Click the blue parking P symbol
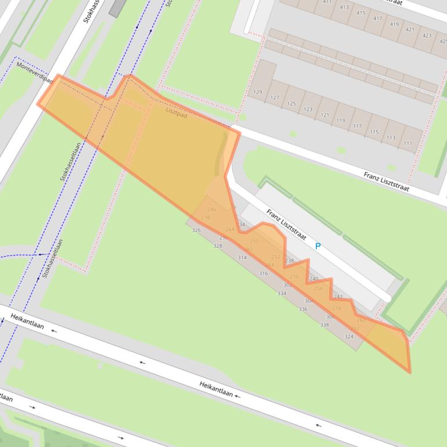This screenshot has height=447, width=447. coord(318,246)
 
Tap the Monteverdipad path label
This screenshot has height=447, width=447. coord(34,73)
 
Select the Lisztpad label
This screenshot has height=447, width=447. coord(176,112)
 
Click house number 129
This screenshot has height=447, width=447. coord(258,92)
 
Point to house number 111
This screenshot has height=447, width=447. coord(408,143)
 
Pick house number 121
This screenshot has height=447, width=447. coord(325,115)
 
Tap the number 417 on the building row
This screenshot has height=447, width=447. coord(378,18)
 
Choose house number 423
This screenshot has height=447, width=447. coord(427,35)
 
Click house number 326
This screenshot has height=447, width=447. coord(196,230)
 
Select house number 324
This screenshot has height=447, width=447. coord(349,337)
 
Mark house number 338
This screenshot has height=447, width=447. coord(325,325)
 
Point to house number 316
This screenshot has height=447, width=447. coord(264,273)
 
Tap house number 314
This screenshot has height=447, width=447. coord(242,258)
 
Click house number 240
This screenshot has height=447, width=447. coord(313,279)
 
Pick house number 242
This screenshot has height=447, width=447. coord(338,297)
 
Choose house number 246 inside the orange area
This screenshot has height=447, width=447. coord(211,210)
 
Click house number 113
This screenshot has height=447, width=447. coord(391,138)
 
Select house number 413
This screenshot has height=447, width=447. coord(344,7)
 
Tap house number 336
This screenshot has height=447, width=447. coord(303,309)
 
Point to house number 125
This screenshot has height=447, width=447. coord(291,104)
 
